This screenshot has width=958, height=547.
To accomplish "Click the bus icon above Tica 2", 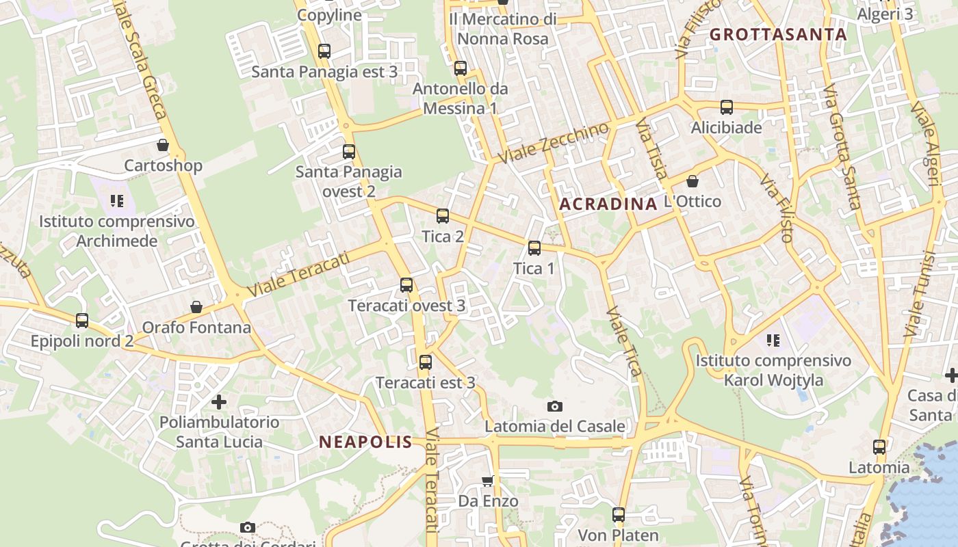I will tap(443, 216).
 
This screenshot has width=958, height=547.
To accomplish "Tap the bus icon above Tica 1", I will tap(534, 248).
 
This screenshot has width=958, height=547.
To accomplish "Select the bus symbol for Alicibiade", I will tap(726, 107).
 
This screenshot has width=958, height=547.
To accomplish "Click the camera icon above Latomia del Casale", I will tap(555, 407).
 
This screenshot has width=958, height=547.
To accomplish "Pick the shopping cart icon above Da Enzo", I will tap(487, 481).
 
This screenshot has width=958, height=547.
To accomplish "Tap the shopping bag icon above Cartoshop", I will tap(163, 145).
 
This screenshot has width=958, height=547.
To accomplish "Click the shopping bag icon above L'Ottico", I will tap(692, 181).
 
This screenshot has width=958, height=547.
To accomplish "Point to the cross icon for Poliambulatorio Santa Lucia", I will tap(219, 401).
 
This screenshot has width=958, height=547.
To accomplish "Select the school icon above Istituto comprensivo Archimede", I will tap(117, 201).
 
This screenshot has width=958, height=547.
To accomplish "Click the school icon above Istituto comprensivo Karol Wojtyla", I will tap(773, 340).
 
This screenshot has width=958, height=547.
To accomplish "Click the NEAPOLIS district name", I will tap(366, 442).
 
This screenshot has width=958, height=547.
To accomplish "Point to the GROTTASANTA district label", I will tap(778, 34).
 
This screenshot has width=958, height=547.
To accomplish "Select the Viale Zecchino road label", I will tap(554, 143).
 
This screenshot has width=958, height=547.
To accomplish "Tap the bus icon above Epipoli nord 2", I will tap(82, 320).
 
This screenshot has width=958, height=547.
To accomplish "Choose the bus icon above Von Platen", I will tap(619, 515).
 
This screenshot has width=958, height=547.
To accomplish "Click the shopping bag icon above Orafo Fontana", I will tap(196, 307).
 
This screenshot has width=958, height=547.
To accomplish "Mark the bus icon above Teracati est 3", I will tap(426, 362).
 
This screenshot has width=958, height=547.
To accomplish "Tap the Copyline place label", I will tap(329, 15).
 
